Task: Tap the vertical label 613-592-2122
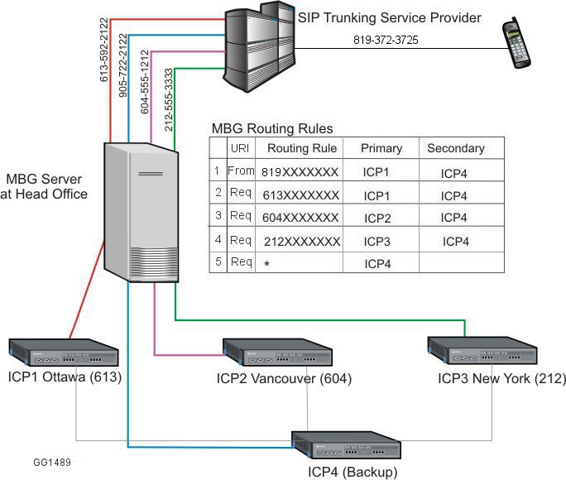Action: point(105,50)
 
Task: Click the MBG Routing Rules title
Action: point(272,129)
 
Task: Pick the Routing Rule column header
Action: point(301,149)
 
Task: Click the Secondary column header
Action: point(455,149)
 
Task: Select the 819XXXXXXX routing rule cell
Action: point(300,173)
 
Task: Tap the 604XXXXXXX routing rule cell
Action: point(300,218)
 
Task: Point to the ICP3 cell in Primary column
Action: point(381,242)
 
